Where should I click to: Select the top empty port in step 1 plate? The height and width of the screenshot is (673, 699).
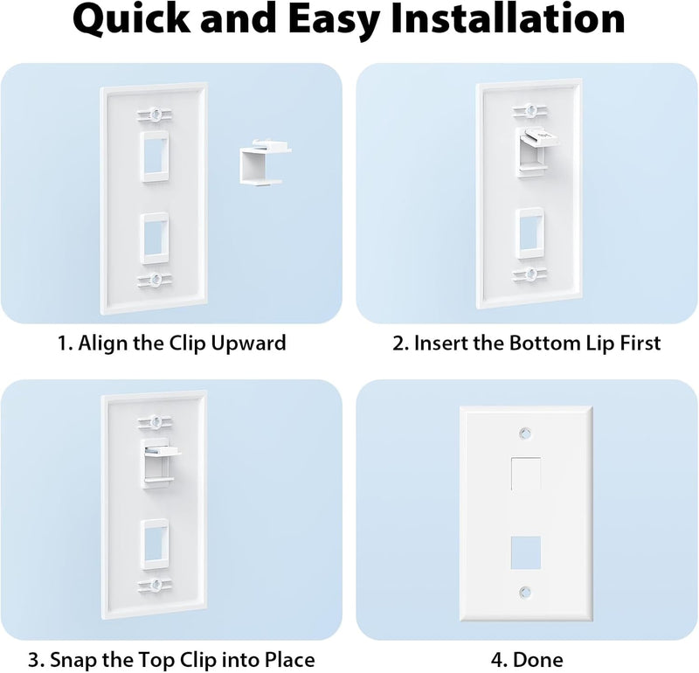point(155,157)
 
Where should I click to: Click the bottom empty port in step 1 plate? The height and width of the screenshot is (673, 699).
point(155,236)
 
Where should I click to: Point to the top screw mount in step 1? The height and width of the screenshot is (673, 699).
point(155,114)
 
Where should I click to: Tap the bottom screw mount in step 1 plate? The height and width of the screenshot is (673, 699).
point(155,280)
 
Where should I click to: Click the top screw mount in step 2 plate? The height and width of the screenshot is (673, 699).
point(527,110)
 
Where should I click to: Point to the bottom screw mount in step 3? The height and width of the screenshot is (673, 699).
point(156,583)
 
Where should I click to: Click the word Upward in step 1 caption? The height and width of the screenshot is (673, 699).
point(246,343)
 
